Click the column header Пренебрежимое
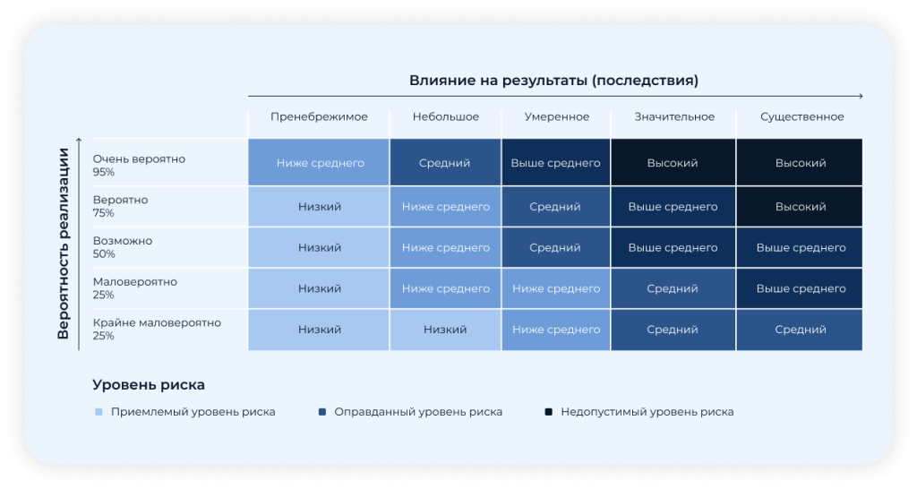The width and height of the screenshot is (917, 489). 319,117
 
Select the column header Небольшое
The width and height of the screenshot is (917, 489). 446,117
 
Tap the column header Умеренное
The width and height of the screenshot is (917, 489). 557,117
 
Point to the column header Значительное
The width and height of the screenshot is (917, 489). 674,117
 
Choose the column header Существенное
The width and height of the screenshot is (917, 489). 801,117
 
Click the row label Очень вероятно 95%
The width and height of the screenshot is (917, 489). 139,165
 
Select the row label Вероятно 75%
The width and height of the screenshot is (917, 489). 121,206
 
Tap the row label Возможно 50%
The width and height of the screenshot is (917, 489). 122,247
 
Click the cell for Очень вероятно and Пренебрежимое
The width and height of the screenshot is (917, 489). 319,163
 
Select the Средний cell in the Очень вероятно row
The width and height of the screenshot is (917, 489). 445,163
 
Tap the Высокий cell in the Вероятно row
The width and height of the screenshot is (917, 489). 800,207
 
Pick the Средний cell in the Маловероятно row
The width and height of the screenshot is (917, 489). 673,288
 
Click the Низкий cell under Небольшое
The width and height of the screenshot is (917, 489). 445,330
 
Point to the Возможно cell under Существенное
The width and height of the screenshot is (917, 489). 800,247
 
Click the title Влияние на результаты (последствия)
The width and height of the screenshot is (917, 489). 553,80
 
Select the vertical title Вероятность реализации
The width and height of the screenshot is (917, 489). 64,244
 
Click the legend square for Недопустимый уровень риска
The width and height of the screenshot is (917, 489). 549,412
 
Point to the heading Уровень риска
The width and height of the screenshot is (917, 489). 149,385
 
